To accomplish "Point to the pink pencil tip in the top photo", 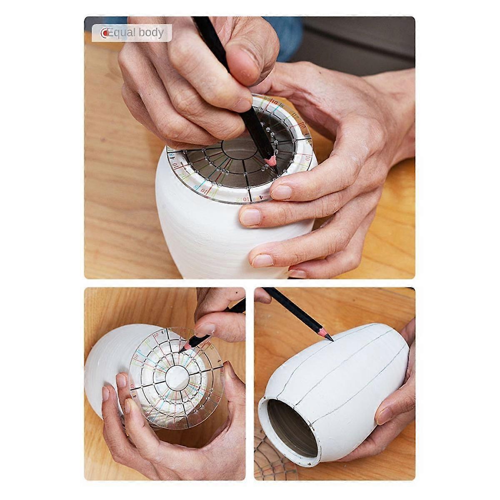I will [271, 160].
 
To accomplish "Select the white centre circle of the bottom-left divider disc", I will [177, 377].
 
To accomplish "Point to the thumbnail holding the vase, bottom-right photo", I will [386, 415].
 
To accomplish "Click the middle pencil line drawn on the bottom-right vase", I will [354, 367].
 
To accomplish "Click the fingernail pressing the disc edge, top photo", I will [282, 192].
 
